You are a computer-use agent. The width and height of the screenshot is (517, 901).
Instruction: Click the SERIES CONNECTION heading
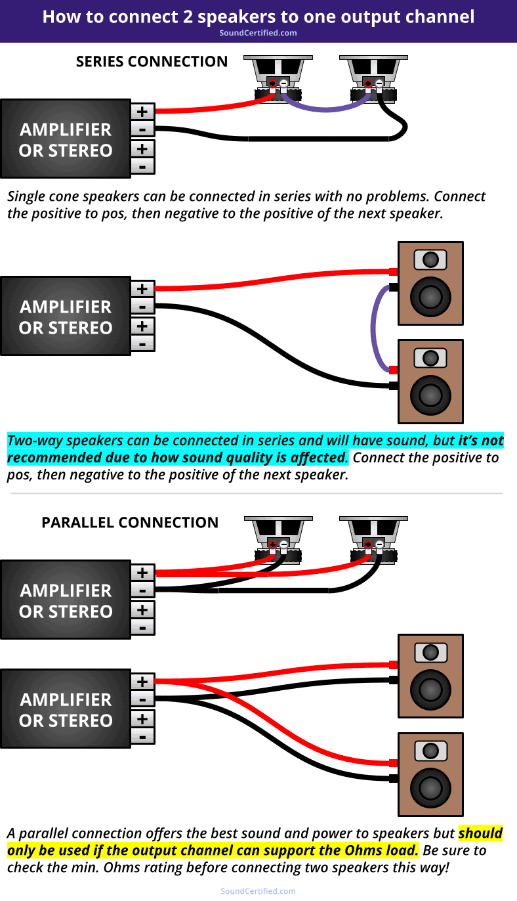coord(152,62)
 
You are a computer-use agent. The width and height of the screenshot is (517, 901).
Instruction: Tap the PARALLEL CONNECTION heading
coord(130,523)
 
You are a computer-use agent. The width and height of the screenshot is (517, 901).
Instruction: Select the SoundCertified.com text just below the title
coord(258,33)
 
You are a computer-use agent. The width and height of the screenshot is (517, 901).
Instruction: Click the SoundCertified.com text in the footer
coord(258,891)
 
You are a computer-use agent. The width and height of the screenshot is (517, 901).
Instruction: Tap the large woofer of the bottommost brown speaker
coord(430,790)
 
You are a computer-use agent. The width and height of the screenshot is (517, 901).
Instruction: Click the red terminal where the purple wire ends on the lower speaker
coord(394,370)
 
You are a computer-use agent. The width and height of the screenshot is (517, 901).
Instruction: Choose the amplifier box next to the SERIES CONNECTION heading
coord(66,139)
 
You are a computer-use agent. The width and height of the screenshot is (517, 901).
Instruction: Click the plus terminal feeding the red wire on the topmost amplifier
coord(142,111)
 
